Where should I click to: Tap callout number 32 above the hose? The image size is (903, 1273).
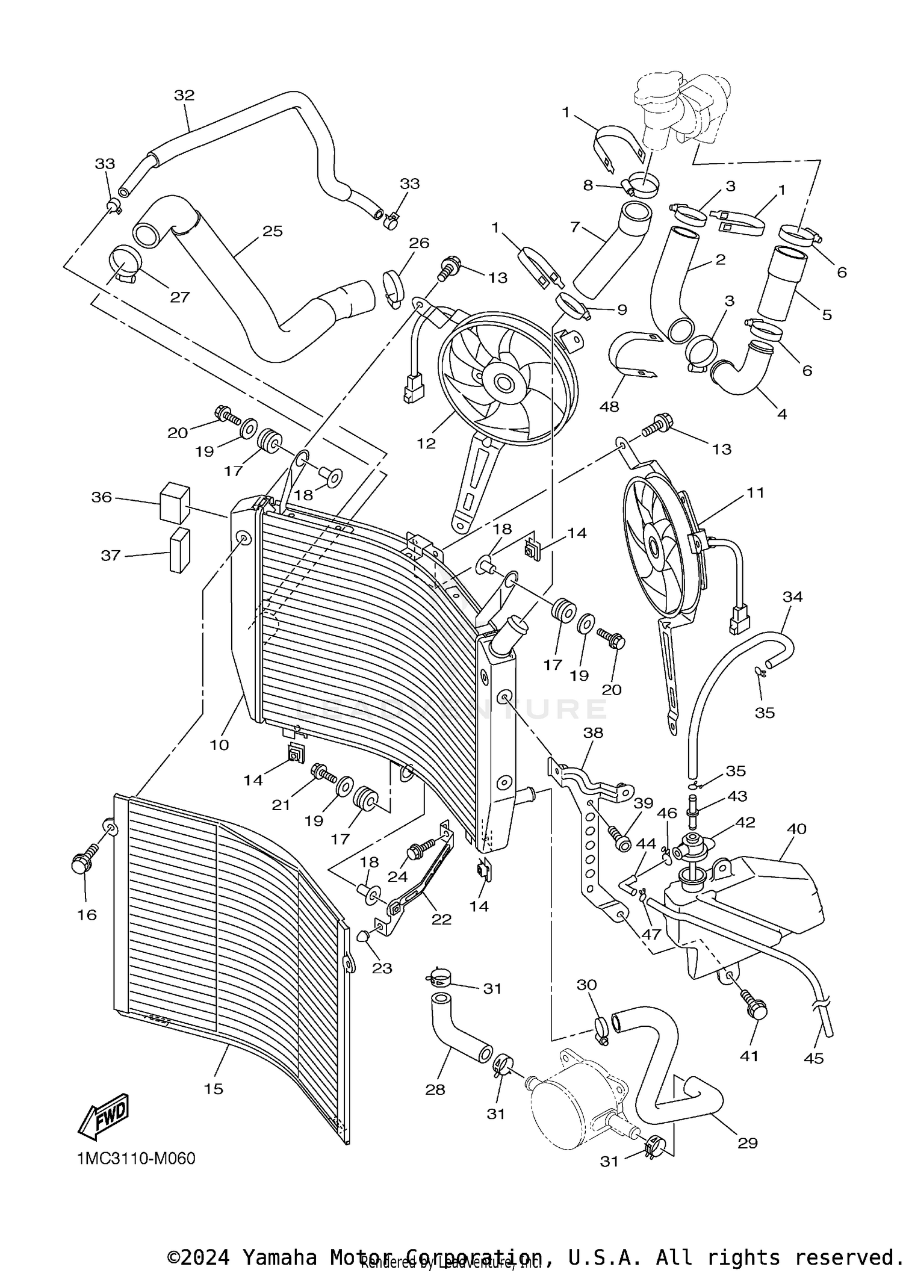pyautogui.click(x=185, y=95)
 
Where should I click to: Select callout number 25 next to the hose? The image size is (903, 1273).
pyautogui.click(x=272, y=231)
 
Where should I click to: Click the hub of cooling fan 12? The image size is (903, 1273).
pyautogui.click(x=503, y=382)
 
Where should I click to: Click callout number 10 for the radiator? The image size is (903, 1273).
pyautogui.click(x=219, y=745)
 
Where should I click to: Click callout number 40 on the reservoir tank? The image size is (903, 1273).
pyautogui.click(x=796, y=829)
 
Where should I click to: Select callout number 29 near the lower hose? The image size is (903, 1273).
pyautogui.click(x=747, y=1142)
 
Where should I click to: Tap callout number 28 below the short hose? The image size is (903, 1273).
pyautogui.click(x=435, y=1089)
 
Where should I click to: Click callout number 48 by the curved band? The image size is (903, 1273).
pyautogui.click(x=609, y=406)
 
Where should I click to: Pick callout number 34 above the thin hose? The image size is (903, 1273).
pyautogui.click(x=792, y=596)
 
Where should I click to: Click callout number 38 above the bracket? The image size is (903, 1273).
pyautogui.click(x=593, y=733)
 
